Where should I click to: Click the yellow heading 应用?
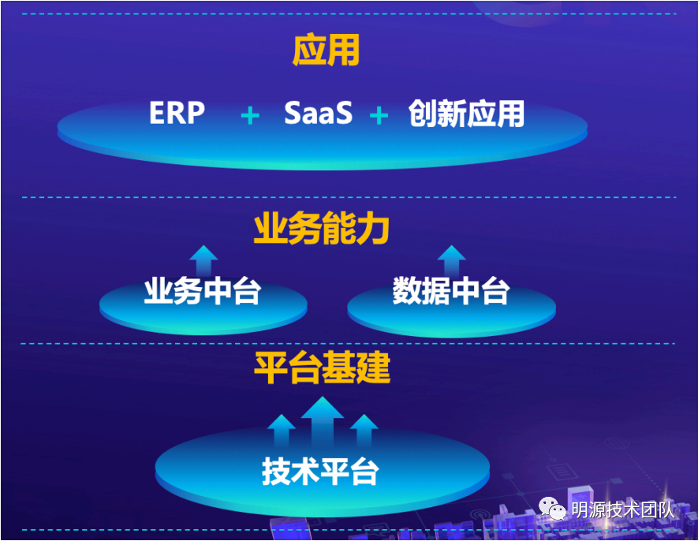[326, 51]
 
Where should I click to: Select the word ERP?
[177, 113]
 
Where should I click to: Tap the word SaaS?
[319, 113]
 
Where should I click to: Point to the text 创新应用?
[466, 114]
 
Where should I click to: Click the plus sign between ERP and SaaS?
[250, 116]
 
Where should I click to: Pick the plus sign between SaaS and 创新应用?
[379, 116]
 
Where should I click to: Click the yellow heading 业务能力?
[322, 229]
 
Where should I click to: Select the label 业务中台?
[203, 291]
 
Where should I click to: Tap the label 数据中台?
[451, 291]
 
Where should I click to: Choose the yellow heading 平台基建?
[322, 368]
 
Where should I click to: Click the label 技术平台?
[320, 471]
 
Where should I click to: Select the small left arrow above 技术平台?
[282, 431]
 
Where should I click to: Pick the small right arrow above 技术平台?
[364, 431]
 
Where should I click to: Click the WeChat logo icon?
[552, 508]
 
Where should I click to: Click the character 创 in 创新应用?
[423, 114]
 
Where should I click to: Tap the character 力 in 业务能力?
[373, 229]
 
